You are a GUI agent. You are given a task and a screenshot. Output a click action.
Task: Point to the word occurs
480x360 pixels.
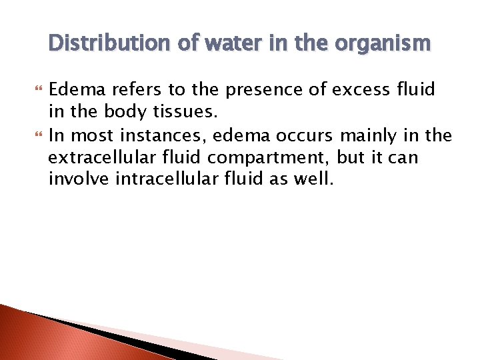(x=306, y=136)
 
